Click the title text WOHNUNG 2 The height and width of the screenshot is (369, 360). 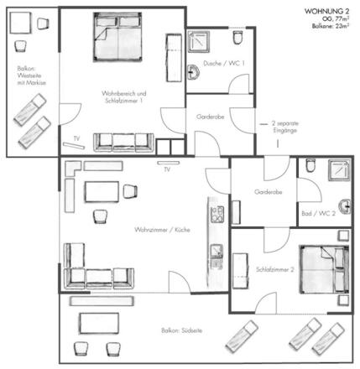click(326, 11)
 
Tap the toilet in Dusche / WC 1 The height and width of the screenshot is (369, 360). click(237, 38)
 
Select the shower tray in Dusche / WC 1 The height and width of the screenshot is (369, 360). click(199, 42)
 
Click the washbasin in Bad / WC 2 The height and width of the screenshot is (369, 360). click(345, 206)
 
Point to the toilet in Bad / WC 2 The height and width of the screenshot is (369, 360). click(310, 165)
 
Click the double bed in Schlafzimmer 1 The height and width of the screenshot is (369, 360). click(117, 37)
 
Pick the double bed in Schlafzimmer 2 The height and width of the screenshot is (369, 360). click(324, 269)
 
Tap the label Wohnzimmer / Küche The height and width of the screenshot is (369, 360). click(162, 230)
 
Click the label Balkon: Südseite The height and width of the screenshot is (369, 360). click(181, 330)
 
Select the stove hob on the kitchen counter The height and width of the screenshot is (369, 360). click(217, 214)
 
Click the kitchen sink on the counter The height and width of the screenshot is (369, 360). click(217, 251)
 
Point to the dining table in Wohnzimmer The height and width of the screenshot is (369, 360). click(102, 192)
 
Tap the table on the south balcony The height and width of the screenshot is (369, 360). click(99, 323)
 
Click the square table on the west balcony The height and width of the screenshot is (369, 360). click(20, 23)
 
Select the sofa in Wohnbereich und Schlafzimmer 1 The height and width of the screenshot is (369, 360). click(123, 143)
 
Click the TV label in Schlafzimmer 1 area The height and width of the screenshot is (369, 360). click(76, 138)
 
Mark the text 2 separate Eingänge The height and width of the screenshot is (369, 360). click(284, 127)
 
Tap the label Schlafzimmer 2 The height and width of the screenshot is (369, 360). click(275, 269)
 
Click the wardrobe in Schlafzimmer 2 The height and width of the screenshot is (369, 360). click(241, 271)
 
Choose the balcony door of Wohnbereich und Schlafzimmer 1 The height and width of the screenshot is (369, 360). click(70, 114)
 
